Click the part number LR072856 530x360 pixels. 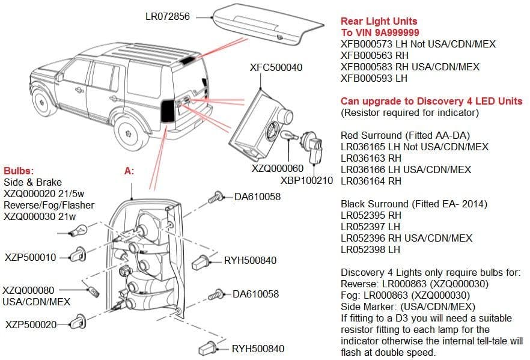[167, 16]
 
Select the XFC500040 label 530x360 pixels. [276, 67]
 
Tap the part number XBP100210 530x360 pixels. [306, 180]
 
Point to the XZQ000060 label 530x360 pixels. [277, 169]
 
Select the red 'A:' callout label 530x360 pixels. [129, 171]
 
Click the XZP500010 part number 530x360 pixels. [30, 257]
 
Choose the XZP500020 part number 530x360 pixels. [31, 325]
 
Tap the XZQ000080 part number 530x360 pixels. [28, 290]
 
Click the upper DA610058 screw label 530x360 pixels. [257, 196]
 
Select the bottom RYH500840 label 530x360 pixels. [258, 349]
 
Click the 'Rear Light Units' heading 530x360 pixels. [379, 21]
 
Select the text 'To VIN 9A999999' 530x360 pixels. [380, 32]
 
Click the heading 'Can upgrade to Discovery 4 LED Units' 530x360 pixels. [431, 101]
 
